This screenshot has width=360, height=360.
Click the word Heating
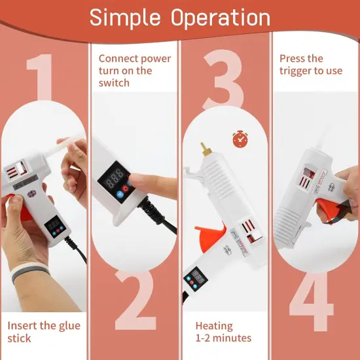(x=213, y=325)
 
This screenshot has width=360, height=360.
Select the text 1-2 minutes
(x=223, y=338)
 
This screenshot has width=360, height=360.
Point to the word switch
(x=114, y=83)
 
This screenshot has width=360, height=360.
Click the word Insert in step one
(x=21, y=325)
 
